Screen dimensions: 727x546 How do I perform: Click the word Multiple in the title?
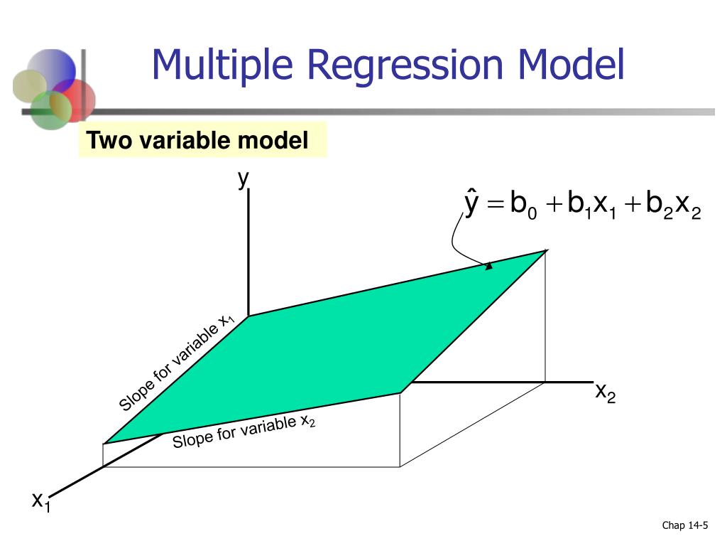pos(222,65)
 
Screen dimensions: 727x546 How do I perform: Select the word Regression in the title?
pos(405,65)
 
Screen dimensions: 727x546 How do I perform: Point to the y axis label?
pos(244,179)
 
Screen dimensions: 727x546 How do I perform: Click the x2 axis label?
pos(606,392)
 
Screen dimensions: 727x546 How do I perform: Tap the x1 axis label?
pos(41,502)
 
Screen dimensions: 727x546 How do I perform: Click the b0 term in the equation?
pos(523,204)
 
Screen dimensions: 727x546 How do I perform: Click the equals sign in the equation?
pos(496,204)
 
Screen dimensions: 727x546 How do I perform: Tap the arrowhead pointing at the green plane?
pos(488,266)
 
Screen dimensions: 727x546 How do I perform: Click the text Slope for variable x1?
pos(177,363)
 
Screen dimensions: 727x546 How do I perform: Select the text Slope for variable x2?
pos(244,431)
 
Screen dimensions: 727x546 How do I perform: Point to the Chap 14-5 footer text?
pos(685,525)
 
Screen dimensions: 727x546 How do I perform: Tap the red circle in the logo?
pos(74,100)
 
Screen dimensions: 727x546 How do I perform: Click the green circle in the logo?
pos(50,110)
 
